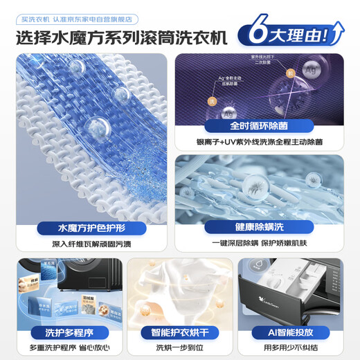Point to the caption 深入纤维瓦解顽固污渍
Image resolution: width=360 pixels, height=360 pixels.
92,244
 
